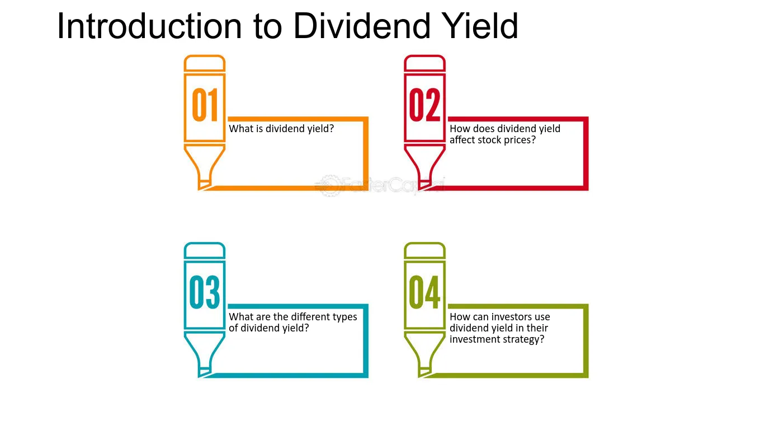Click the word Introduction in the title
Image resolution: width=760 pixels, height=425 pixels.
coord(149,26)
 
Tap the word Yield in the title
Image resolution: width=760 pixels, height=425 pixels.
coord(481,26)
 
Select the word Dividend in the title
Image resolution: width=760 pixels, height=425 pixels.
coord(362,26)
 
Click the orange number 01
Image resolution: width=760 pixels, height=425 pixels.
coord(205,105)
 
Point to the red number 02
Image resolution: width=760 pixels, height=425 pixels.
coord(424,105)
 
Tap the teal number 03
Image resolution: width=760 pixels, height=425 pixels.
coord(205,292)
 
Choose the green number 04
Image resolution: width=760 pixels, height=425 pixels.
coord(424,292)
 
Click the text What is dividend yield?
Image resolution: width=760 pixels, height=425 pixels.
coord(281,129)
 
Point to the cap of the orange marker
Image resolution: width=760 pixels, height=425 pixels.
coord(205,63)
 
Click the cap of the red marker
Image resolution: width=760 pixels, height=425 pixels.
coord(424,63)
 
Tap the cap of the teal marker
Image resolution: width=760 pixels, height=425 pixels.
coord(205,251)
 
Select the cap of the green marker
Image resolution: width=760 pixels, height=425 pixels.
coord(424,251)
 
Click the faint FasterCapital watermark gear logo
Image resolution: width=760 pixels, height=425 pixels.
coord(329,185)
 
